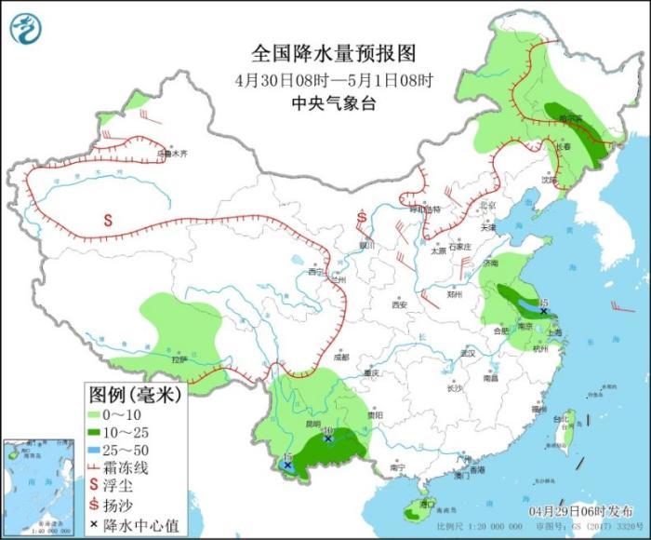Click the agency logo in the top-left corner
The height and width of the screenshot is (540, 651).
click(x=27, y=28)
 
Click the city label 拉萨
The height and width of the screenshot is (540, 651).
click(x=179, y=358)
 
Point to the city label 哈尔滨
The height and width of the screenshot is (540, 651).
click(x=569, y=119)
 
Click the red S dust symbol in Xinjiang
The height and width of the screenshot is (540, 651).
click(x=108, y=222)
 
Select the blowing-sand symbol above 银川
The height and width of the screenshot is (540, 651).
click(x=362, y=219)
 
